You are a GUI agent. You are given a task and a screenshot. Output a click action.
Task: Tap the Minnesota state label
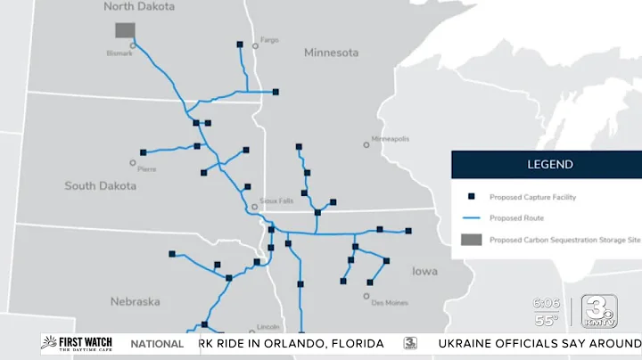click(331, 53)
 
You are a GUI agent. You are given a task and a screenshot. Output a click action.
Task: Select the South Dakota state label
click(101, 186)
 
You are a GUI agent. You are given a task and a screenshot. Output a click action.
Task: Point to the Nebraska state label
click(136, 301)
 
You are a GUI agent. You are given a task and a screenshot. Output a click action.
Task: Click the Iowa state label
click(424, 271)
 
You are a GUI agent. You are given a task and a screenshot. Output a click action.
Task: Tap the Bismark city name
click(119, 53)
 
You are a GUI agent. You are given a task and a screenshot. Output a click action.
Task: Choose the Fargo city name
click(269, 40)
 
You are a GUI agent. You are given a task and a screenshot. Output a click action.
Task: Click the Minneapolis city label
click(390, 139)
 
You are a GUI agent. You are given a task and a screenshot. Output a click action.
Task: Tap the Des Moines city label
click(390, 303)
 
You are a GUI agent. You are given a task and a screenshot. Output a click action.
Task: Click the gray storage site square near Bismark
click(125, 30)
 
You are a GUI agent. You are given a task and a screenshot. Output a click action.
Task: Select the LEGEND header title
click(550, 164)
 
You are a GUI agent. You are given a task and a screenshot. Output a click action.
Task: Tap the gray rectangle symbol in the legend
click(472, 239)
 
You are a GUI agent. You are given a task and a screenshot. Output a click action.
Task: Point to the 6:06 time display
click(547, 304)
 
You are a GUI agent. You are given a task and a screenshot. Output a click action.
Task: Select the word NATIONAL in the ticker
click(157, 344)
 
